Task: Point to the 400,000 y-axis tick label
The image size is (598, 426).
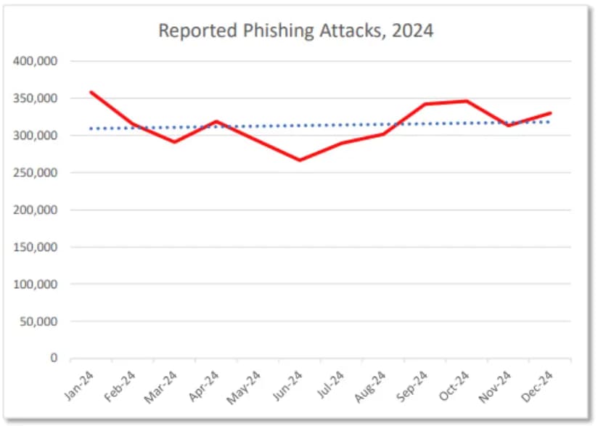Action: coord(36,61)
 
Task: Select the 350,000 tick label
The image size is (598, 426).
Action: coord(36,98)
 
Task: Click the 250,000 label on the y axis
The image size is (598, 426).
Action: coord(36,173)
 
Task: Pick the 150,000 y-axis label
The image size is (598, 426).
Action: coord(36,247)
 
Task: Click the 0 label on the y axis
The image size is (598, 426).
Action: coord(54,359)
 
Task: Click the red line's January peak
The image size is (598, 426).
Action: coord(91,92)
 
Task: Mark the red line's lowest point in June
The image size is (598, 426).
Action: coord(300,160)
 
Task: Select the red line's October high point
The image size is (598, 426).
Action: coord(467,101)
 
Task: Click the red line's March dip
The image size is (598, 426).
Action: coord(174,142)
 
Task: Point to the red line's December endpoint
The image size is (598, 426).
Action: coord(551,113)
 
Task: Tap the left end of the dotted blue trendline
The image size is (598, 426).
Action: coord(90,128)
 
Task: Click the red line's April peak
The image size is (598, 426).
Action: coord(216,121)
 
